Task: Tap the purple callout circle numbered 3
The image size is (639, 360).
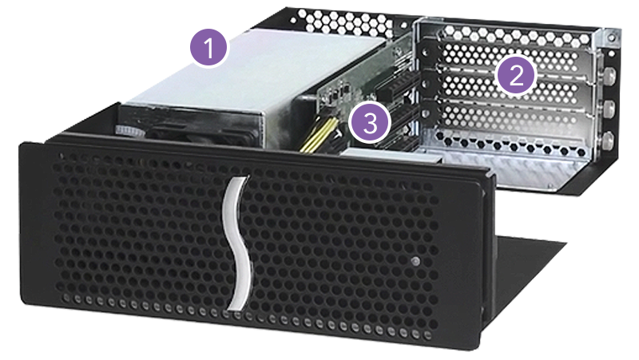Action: [370, 123]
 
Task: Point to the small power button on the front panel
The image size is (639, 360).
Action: [417, 262]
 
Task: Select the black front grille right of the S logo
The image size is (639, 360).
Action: [351, 239]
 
